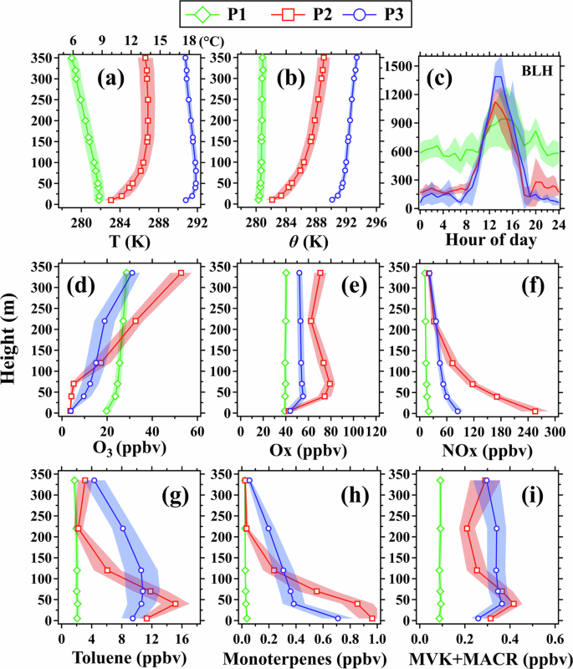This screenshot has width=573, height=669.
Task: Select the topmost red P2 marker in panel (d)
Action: click(181, 273)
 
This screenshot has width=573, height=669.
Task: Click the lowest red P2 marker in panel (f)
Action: click(535, 411)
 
